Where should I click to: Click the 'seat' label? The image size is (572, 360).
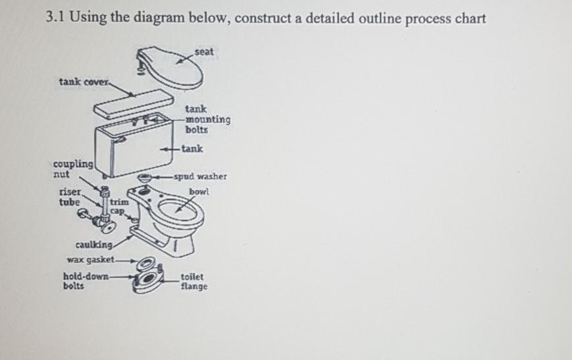204,51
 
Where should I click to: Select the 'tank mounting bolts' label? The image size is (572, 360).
207,120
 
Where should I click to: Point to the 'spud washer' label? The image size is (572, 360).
203,176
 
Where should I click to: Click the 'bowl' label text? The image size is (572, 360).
199,192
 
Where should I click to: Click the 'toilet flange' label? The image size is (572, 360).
194,282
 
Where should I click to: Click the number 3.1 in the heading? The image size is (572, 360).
58,18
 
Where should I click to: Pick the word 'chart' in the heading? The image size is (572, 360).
469,18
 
